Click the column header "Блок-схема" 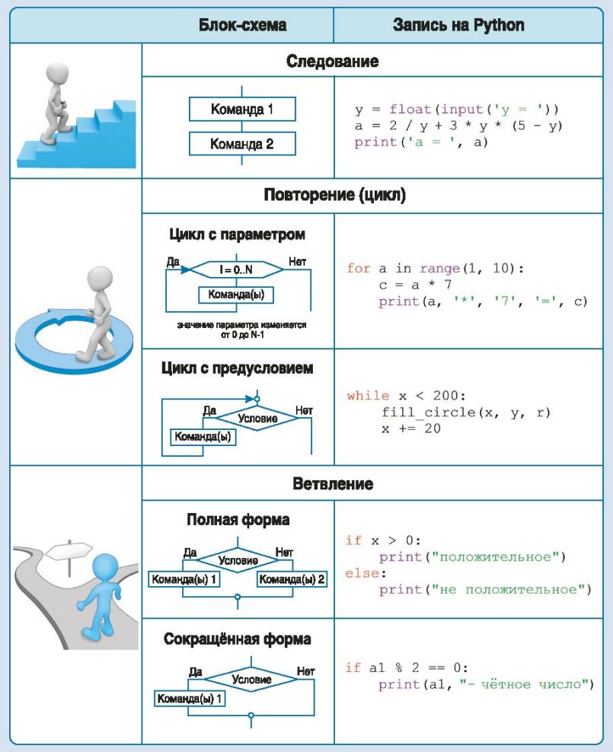[x=243, y=25]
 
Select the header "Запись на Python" [x=458, y=25]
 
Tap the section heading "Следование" [x=333, y=62]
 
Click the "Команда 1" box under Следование [x=242, y=110]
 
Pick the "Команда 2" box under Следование [x=242, y=144]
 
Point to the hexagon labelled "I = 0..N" [x=236, y=269]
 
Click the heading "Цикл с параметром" [x=237, y=234]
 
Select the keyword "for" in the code [x=359, y=268]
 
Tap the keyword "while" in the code [x=368, y=396]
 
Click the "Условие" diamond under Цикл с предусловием [x=257, y=418]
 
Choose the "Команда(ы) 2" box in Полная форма [x=292, y=579]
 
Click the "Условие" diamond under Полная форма [x=238, y=560]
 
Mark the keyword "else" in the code [x=362, y=573]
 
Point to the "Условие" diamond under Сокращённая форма [x=251, y=679]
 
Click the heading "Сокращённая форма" [x=238, y=639]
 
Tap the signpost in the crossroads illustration [x=69, y=556]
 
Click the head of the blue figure [x=105, y=568]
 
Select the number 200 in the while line [x=445, y=396]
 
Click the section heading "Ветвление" [x=333, y=483]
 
